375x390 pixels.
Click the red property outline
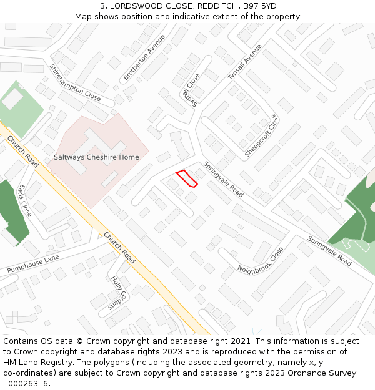tap(186, 178)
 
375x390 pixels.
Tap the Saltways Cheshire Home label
tap(96, 157)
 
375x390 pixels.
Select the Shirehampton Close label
tap(75, 83)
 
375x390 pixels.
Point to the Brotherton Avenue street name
tap(144, 57)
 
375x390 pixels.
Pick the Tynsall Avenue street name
tap(244, 62)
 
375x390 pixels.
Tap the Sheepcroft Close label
tap(261, 135)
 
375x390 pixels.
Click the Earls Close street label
tap(25, 200)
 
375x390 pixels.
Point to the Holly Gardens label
tap(118, 292)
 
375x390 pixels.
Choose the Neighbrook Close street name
tap(261, 260)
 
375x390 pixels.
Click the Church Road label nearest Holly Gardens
tap(120, 248)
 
